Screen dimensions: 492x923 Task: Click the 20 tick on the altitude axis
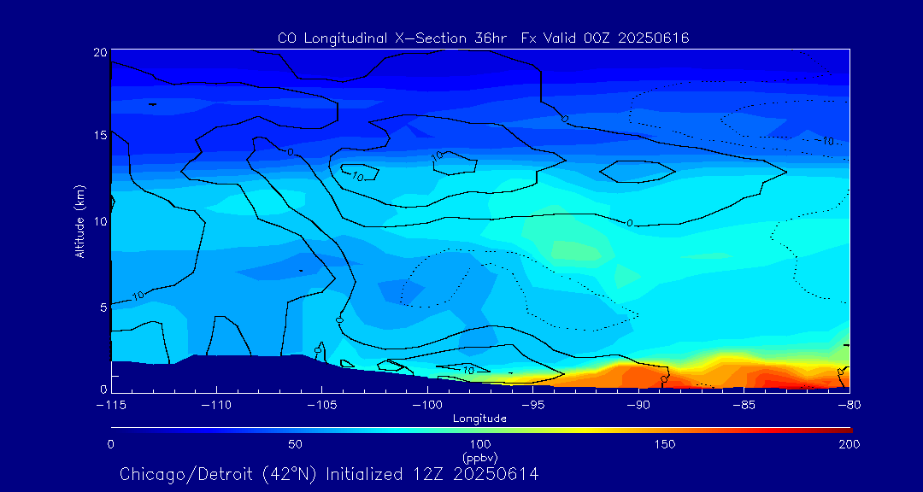[99, 52]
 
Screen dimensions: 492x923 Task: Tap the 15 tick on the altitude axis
[99, 136]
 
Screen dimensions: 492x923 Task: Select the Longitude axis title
[479, 418]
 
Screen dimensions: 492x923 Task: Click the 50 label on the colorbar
[295, 444]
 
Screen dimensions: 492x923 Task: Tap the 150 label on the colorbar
[664, 444]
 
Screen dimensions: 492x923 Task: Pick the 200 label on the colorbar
[849, 444]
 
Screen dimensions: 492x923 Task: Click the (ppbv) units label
[479, 456]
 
